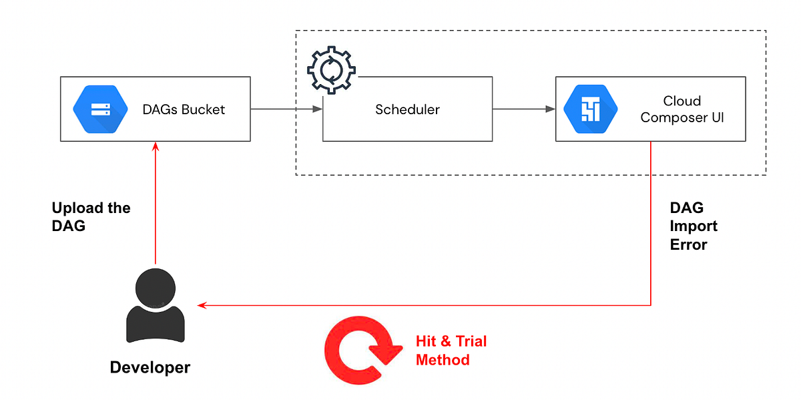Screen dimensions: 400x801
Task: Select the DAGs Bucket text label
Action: click(x=184, y=110)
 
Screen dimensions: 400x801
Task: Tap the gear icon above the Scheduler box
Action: click(x=332, y=69)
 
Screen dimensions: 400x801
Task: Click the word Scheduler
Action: click(x=407, y=110)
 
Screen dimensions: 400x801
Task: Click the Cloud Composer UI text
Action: click(x=682, y=110)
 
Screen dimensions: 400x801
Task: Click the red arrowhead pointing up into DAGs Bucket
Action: click(x=156, y=147)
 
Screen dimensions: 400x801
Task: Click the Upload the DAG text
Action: click(x=91, y=216)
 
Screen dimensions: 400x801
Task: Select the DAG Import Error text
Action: click(x=694, y=226)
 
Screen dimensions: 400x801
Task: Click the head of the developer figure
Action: click(x=156, y=288)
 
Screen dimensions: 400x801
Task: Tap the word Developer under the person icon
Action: click(x=150, y=367)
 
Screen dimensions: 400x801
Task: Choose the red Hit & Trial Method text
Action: click(x=451, y=351)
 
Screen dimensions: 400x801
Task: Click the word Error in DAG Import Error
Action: click(x=688, y=244)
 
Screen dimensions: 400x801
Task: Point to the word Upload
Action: click(x=74, y=208)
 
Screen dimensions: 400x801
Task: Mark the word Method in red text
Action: click(x=443, y=360)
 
